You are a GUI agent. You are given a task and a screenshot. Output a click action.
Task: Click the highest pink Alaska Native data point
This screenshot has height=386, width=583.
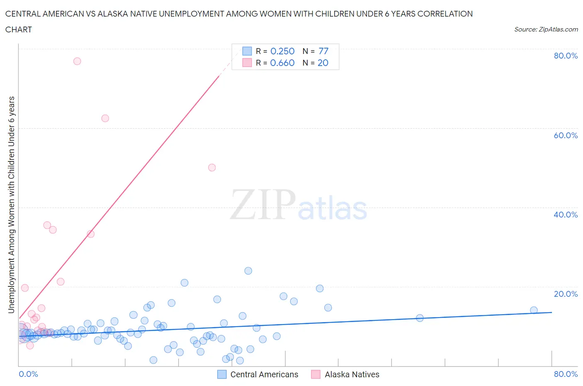77,61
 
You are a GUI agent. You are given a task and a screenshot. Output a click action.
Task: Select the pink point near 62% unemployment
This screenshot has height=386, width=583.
105,118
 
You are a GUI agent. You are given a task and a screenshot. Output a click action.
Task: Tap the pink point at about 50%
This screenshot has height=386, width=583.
212,168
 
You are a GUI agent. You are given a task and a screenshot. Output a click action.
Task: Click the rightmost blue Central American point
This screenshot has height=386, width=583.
534,310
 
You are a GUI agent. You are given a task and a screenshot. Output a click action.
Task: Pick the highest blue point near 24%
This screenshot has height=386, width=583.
248,271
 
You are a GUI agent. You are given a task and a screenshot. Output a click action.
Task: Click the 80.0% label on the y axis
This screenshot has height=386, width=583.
566,56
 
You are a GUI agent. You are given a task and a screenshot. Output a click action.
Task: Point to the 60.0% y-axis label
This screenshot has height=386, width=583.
566,135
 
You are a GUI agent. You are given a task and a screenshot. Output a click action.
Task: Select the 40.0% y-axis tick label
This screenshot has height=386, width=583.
566,215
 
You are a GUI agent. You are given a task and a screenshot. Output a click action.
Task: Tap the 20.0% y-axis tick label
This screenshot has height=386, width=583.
566,294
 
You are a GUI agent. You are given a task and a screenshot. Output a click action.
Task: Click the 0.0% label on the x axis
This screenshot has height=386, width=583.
28,374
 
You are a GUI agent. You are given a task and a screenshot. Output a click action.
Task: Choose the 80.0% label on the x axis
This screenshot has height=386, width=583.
566,374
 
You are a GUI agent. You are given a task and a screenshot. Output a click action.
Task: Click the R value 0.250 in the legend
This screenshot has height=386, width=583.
282,51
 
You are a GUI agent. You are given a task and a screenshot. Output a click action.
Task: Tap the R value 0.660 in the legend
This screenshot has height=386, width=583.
282,63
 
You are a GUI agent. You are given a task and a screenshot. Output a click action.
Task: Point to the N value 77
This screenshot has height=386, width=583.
323,51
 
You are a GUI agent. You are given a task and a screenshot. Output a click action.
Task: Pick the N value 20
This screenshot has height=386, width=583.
323,63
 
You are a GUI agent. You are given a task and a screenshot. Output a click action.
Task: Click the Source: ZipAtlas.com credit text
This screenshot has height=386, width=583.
546,29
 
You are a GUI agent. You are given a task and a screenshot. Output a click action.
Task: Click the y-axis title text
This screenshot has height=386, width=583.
11,205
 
